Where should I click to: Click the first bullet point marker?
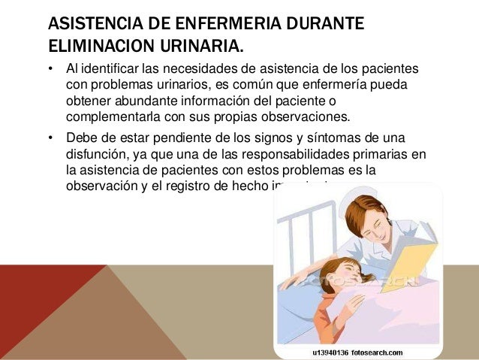(50, 72)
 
